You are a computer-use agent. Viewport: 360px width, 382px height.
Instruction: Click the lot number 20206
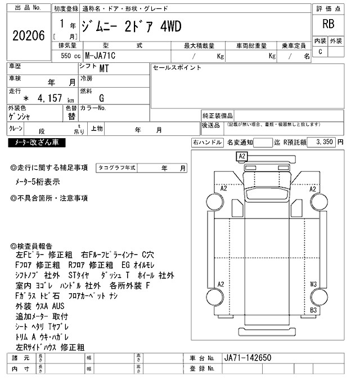pos(28,35)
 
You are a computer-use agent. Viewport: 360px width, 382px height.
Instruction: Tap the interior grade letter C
pos(320,52)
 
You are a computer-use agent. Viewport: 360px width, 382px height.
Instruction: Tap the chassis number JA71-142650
pos(248,358)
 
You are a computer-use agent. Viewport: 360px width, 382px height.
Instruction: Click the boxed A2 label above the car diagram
pos(242,156)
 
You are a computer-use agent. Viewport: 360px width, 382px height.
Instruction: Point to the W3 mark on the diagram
pos(313,284)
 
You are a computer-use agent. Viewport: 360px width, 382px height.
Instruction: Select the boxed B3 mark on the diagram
pos(314,310)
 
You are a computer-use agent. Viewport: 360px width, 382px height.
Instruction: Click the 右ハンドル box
pos(208,143)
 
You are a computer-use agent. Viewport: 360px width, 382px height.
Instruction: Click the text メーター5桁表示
pos(38,181)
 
